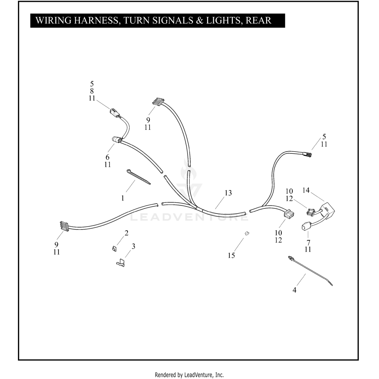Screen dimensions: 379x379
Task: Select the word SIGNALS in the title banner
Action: [x=173, y=20]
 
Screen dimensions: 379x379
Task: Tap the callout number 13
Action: [x=228, y=193]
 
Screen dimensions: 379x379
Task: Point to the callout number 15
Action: [x=231, y=255]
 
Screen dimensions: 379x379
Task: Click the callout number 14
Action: [x=306, y=190]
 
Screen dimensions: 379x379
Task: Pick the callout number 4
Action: [x=294, y=290]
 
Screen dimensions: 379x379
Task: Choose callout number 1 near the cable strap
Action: [x=123, y=198]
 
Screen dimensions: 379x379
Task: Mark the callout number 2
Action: [x=127, y=233]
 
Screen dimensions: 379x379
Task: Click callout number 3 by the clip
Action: [x=133, y=246]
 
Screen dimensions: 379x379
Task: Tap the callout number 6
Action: [x=107, y=157]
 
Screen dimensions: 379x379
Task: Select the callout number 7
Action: [x=308, y=242]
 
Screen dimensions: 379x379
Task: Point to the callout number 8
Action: [x=92, y=91]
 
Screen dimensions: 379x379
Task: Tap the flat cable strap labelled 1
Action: [x=138, y=177]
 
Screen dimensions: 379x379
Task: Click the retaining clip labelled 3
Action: [x=121, y=263]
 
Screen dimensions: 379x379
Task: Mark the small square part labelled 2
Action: [x=114, y=249]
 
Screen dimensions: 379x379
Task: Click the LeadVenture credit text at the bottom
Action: [x=189, y=374]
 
